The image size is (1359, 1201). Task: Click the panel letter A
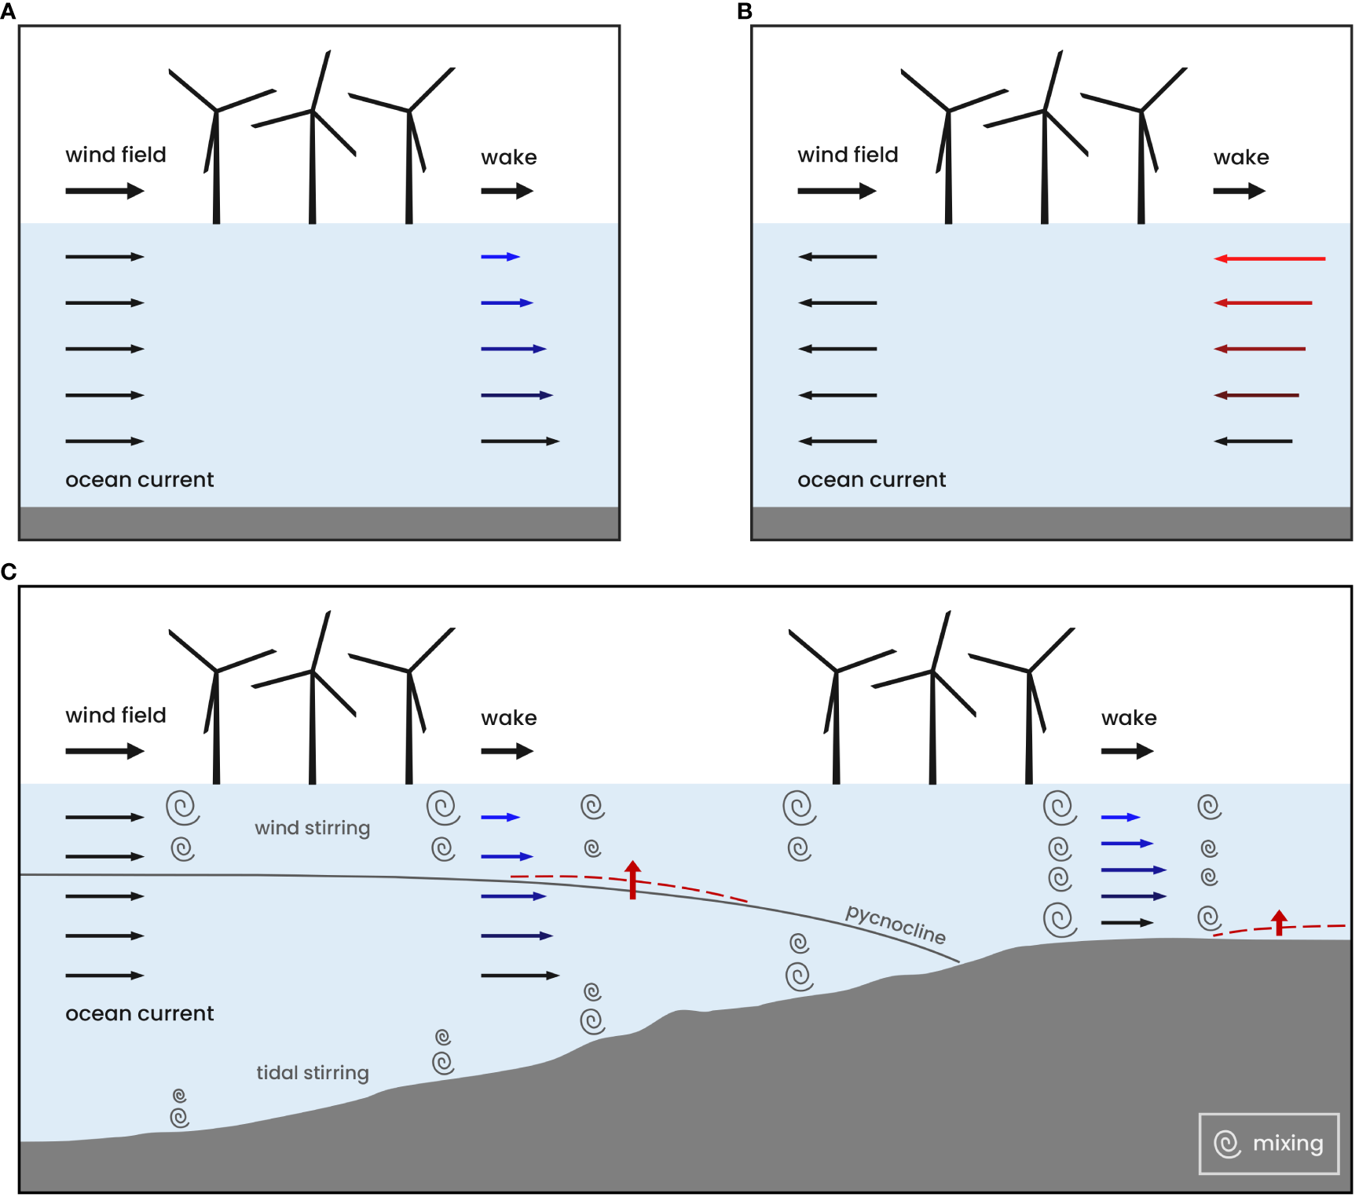[x=8, y=12]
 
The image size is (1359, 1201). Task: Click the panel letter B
[x=745, y=12]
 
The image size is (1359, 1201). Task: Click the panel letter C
[x=9, y=572]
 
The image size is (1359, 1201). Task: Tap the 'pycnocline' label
[x=895, y=924]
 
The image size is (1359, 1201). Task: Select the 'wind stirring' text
[x=312, y=828]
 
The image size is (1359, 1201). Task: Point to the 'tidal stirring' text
[x=312, y=1073]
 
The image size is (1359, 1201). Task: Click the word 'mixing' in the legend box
[x=1288, y=1143]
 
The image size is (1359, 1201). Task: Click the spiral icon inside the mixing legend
[x=1227, y=1144]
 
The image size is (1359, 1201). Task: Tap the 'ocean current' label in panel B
[x=871, y=480]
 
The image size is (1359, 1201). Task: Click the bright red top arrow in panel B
[x=1269, y=258]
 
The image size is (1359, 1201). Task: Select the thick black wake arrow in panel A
[x=507, y=191]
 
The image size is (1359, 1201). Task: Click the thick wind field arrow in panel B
[x=837, y=191]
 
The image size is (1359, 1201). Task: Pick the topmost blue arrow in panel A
[x=500, y=257]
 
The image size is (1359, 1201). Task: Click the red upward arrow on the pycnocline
[x=632, y=879]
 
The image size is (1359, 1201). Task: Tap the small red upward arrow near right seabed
[x=1280, y=922]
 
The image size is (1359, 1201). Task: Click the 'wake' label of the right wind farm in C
[x=1129, y=718]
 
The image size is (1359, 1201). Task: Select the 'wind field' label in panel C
[x=115, y=716]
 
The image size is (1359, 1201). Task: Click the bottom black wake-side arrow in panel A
[x=520, y=441]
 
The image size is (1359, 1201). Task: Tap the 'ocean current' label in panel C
[x=139, y=1014]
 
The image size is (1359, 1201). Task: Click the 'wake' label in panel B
[x=1241, y=158]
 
